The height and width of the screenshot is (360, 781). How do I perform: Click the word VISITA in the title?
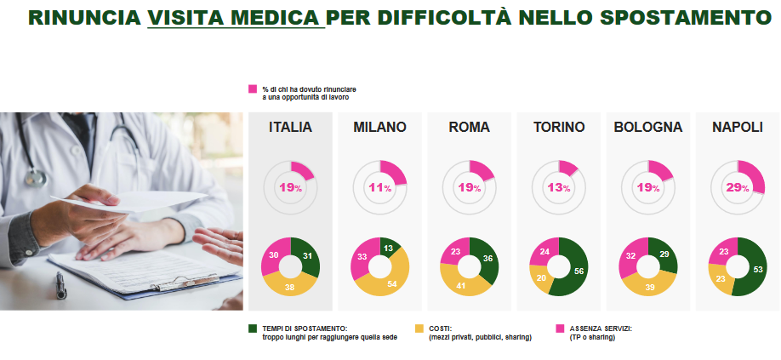point(188,17)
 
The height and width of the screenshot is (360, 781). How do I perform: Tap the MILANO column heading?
point(379,128)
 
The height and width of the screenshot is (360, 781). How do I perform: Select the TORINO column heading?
point(559,128)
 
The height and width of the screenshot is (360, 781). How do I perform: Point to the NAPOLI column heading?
point(738,128)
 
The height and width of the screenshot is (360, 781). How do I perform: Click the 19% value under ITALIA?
point(290,187)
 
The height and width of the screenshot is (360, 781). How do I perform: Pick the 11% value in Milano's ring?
point(379,187)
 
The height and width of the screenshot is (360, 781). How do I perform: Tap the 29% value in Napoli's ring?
point(738,187)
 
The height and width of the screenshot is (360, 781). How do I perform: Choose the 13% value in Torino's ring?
point(559,187)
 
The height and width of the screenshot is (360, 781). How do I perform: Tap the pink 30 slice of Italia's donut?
point(274,254)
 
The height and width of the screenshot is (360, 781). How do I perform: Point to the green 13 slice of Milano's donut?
point(388,248)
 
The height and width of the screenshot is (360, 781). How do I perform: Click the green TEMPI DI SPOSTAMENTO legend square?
point(253,328)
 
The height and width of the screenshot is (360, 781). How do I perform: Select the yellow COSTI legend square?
point(419,328)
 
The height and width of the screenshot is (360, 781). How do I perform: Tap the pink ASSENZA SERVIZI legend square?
point(560,328)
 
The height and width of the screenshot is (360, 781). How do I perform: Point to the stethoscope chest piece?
point(33,177)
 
